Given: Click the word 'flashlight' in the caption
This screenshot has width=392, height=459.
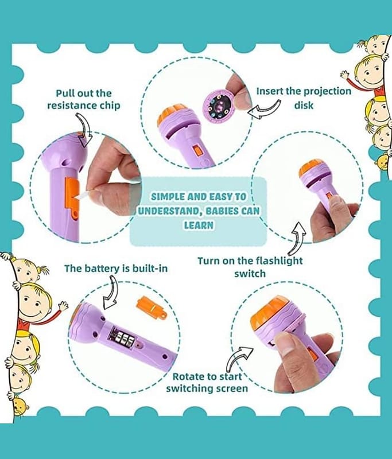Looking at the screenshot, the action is tap(280, 260).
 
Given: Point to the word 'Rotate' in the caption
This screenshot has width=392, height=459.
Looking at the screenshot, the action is tap(187, 376).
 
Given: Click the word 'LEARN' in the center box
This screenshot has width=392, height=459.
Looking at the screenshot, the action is tap(199, 225).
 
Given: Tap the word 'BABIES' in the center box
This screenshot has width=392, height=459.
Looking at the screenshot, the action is tap(221, 211).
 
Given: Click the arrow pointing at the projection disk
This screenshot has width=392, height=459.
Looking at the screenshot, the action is tap(264, 110).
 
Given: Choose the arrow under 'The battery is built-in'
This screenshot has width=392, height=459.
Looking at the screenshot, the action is tap(111, 293).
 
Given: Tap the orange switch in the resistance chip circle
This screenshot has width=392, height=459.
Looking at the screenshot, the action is tap(72, 199).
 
